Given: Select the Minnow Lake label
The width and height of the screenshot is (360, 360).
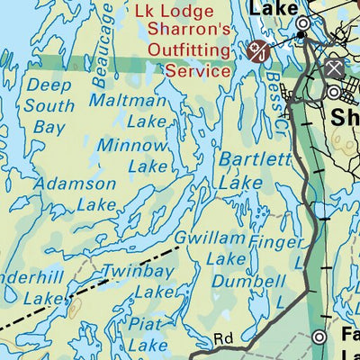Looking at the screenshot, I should [x=132, y=155].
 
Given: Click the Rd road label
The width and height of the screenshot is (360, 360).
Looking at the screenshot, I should [x=223, y=340].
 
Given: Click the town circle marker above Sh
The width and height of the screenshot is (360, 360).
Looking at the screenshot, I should [x=333, y=92].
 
